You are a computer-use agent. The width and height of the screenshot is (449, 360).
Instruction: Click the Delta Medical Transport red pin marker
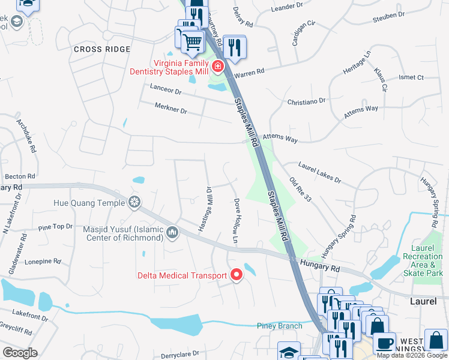tap(237, 275)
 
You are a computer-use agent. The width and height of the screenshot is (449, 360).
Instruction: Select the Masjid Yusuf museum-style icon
tap(173, 232)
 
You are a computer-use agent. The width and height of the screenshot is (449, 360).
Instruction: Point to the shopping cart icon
tap(192, 41)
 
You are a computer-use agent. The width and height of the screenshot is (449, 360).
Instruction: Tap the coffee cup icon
tap(384, 343)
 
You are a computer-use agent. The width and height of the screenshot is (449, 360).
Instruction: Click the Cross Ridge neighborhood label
tap(102, 49)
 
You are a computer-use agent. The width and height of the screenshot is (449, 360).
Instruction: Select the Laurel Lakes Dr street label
tap(319, 171)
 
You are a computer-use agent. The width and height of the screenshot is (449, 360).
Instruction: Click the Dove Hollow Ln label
tap(237, 221)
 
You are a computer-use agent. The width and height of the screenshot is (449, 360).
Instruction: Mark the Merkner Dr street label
tap(171, 111)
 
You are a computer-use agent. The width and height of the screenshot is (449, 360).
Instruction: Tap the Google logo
tap(20, 353)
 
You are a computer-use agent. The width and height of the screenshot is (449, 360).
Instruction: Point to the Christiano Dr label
tap(306, 102)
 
